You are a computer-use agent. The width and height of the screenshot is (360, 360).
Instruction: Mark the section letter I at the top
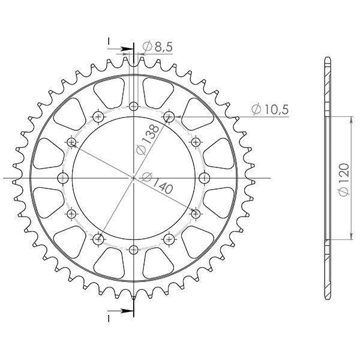click(x=109, y=40)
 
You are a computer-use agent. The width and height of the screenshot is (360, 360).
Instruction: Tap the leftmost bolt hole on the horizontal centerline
click(x=62, y=178)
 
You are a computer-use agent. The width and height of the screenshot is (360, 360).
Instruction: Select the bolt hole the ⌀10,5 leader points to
click(x=169, y=116)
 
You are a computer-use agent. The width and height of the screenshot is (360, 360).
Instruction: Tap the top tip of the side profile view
click(x=327, y=58)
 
